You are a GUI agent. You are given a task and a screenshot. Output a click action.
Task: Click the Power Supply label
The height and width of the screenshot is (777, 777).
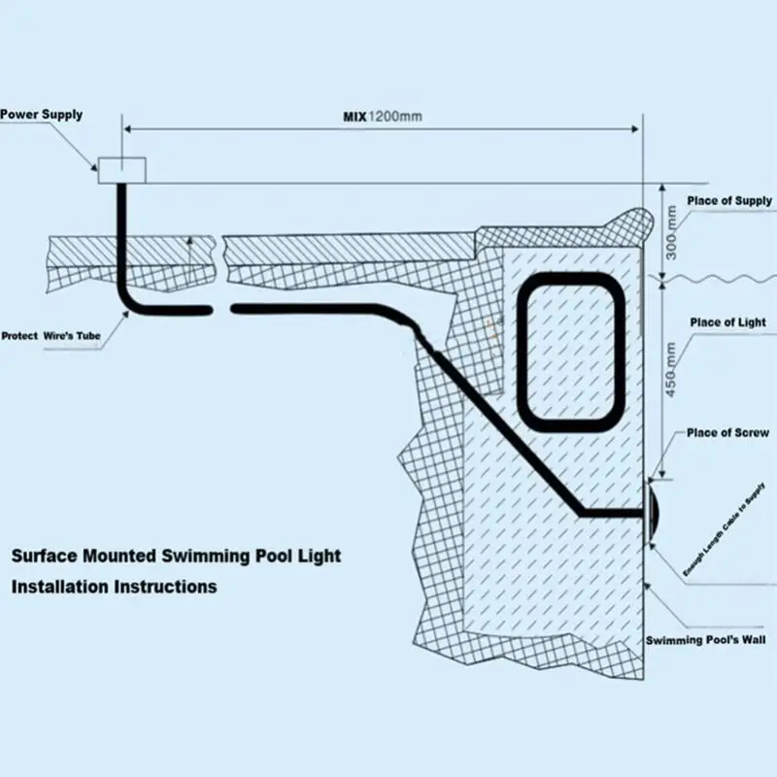[x=41, y=115]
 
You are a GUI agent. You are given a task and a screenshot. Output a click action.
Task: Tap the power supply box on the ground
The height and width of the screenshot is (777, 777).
[x=121, y=170]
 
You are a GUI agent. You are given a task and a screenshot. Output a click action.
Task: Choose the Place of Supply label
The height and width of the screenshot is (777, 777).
[x=729, y=201]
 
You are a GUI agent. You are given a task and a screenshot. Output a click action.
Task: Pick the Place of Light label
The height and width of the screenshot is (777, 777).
[x=727, y=322]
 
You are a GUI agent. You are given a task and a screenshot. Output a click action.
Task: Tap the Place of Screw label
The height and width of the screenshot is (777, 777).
[x=727, y=433]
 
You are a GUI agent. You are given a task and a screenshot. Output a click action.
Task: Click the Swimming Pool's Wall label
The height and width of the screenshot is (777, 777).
[x=706, y=641]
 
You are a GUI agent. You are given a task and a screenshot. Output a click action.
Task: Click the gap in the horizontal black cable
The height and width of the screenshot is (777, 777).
[x=220, y=309]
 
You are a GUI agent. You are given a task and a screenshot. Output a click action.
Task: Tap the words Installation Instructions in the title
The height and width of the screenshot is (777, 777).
[x=114, y=587]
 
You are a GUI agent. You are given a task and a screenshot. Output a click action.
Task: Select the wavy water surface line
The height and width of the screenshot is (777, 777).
[x=719, y=279]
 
